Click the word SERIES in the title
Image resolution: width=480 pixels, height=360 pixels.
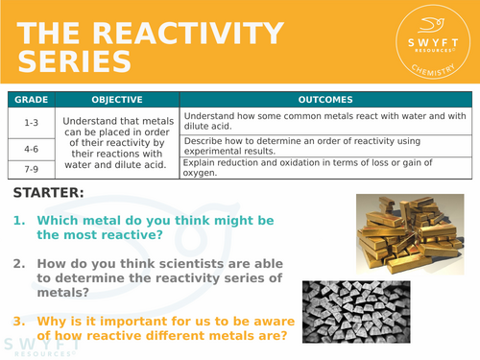tap(74, 60)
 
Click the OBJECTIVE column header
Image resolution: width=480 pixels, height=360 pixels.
tap(118, 99)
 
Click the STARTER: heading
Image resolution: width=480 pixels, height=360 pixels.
tap(49, 193)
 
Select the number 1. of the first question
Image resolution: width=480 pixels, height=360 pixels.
tap(20, 221)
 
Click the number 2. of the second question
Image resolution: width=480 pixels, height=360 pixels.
tap(20, 262)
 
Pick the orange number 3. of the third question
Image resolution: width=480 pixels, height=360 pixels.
tap(20, 321)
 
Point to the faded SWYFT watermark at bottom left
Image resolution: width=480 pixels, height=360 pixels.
tap(38, 346)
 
